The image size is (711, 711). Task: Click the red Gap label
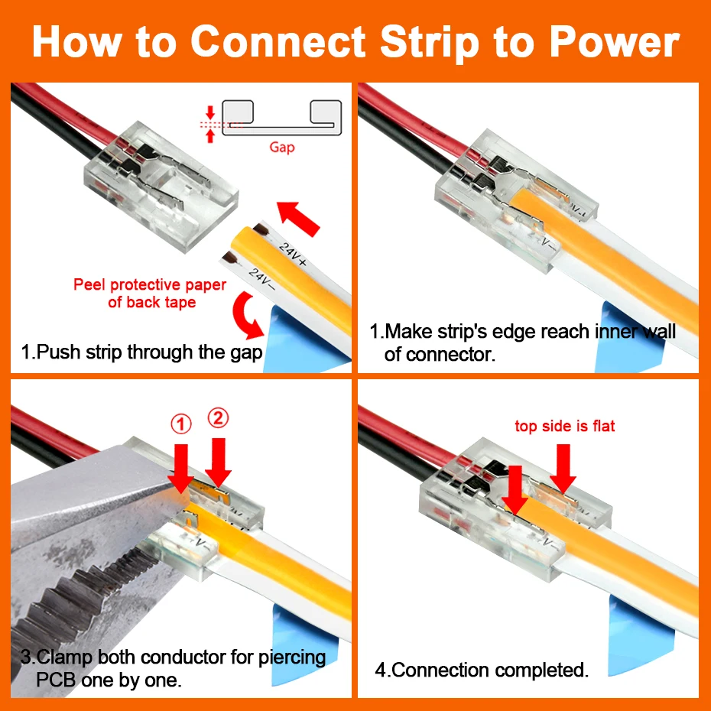(281, 147)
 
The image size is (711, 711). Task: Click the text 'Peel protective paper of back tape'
(150, 294)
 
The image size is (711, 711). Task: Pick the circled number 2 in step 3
(218, 417)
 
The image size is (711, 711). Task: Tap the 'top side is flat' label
(564, 426)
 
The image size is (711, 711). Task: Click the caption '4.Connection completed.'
(482, 670)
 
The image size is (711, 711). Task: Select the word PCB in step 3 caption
(57, 680)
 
